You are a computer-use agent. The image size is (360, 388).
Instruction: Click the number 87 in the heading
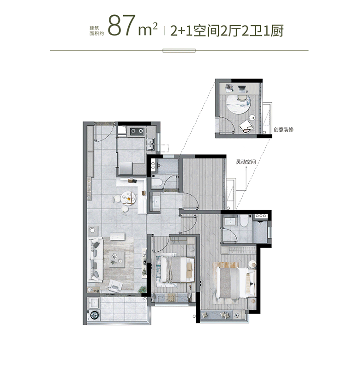pos(121,27)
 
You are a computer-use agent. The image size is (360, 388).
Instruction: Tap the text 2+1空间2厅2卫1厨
pos(226,30)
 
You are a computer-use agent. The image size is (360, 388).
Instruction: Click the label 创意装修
pos(283,130)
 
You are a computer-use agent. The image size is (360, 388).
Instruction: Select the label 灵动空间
pos(245,163)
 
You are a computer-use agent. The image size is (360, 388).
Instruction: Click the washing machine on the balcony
pos(94,315)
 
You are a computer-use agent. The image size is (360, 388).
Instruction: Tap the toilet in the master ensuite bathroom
pos(245,222)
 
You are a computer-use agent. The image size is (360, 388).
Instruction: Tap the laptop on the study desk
pos(230,88)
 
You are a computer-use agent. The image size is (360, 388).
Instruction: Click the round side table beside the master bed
pos(252,264)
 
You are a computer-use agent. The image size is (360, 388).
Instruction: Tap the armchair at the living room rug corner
pos(114,286)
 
